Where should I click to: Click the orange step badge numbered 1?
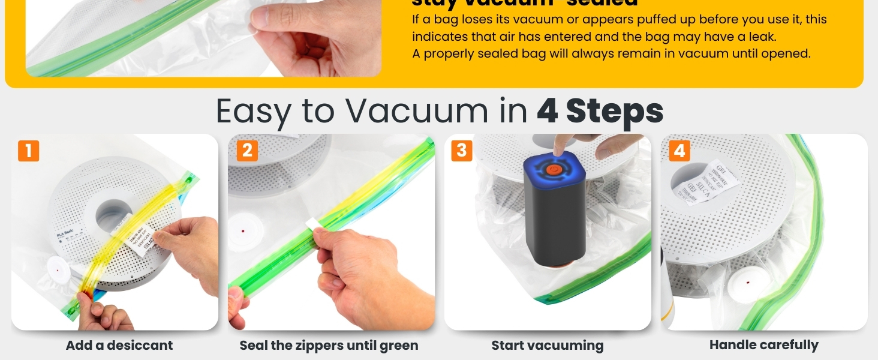[28, 151]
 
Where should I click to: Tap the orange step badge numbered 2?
[247, 151]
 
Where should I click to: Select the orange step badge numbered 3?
[461, 150]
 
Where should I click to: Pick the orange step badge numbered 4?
[679, 150]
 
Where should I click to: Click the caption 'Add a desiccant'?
[119, 346]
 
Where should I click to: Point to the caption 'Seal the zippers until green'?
[329, 346]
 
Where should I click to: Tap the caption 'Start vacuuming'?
[547, 346]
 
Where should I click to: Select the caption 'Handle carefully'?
[763, 345]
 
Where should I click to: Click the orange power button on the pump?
[552, 170]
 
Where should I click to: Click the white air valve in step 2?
[242, 230]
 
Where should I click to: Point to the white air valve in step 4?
[747, 281]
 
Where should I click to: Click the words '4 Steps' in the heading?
[600, 111]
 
